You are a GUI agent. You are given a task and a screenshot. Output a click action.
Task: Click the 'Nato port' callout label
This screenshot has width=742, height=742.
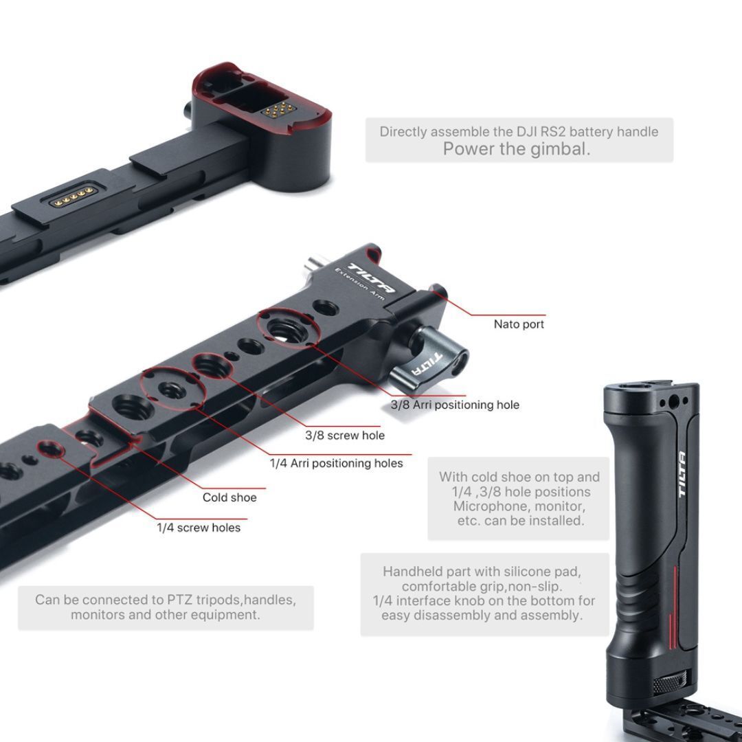click(x=519, y=324)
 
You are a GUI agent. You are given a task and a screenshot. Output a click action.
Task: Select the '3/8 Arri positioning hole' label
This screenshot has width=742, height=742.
click(x=455, y=405)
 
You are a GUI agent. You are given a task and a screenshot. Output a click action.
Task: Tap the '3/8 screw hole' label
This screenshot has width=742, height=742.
click(x=345, y=436)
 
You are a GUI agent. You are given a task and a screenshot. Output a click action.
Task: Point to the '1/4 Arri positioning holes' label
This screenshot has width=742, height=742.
click(x=336, y=463)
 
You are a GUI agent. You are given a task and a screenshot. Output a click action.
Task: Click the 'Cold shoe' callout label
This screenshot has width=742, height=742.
click(x=229, y=497)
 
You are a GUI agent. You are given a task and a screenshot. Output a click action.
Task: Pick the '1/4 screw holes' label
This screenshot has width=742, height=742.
click(x=199, y=528)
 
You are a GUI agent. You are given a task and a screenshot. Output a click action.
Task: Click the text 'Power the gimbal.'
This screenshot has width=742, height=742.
click(x=516, y=149)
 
